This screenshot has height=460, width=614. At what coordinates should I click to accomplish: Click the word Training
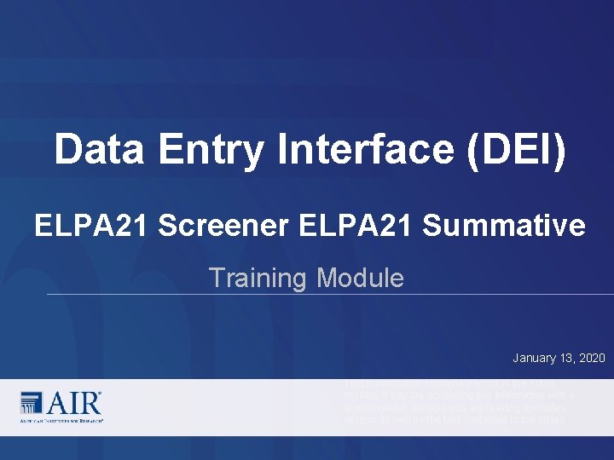[258, 278]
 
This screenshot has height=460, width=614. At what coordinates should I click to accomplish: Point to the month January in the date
[536, 358]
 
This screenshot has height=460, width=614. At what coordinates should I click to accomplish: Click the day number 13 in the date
[570, 358]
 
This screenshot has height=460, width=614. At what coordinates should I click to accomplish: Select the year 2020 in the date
[593, 358]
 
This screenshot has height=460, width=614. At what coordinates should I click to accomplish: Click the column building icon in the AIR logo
[31, 403]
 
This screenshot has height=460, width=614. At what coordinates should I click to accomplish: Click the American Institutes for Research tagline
[61, 421]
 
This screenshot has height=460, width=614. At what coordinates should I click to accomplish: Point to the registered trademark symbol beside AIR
[100, 394]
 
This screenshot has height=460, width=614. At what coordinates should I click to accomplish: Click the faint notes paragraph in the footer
[459, 402]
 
